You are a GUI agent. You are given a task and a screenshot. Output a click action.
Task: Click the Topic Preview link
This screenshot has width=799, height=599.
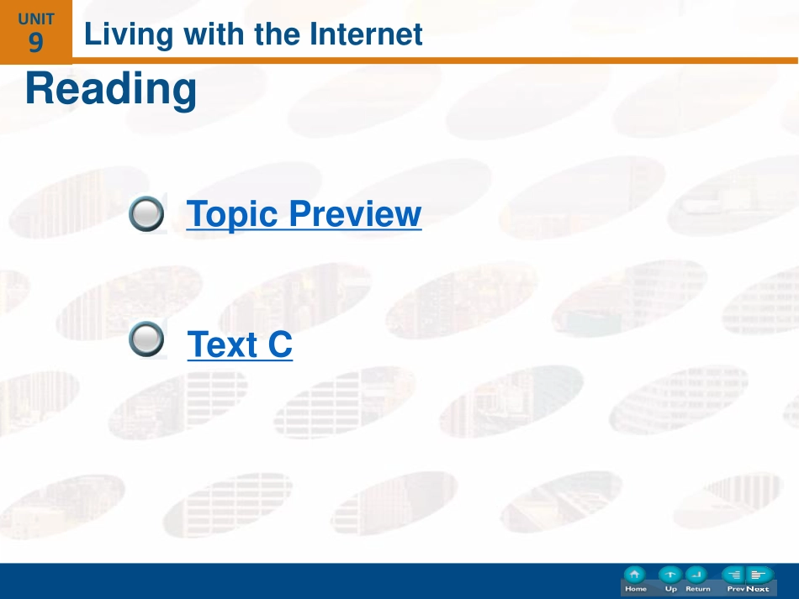[x=304, y=213]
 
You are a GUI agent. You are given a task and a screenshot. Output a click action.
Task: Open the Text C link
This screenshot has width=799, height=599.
[x=240, y=344]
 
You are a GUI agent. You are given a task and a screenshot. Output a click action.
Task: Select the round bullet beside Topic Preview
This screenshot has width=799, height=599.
[x=146, y=213]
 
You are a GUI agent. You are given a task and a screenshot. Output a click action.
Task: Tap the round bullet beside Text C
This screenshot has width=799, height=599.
[x=146, y=339]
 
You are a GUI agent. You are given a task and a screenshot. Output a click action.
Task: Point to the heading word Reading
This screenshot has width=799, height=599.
[x=111, y=90]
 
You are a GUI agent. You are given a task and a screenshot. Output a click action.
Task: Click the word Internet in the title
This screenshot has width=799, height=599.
[x=366, y=34]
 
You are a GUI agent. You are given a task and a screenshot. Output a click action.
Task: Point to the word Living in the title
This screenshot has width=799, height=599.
[x=129, y=35]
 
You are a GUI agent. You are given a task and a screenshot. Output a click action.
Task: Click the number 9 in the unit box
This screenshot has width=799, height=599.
[x=35, y=42]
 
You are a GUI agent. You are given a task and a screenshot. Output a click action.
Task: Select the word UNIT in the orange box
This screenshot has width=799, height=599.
[x=35, y=18]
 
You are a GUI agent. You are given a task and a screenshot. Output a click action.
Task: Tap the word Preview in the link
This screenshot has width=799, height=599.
[x=355, y=213]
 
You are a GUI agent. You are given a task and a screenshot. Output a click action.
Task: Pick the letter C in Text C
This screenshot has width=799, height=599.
[x=280, y=344]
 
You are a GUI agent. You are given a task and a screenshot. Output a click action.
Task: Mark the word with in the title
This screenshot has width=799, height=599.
[x=214, y=34]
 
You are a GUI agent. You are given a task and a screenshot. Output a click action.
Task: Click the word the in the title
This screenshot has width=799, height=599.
[x=278, y=34]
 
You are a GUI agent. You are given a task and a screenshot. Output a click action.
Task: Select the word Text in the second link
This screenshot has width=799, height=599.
[x=222, y=344]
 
